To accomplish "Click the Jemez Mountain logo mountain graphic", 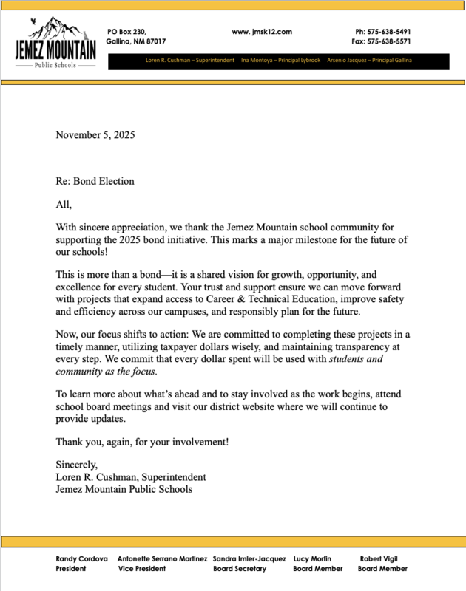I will tap(55, 30).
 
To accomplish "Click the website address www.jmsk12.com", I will tap(262, 32).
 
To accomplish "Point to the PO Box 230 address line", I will tap(126, 32).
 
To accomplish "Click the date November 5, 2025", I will tap(95, 134).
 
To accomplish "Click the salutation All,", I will tap(64, 205).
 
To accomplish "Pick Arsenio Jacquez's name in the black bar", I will tap(347, 60).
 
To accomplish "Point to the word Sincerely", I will tap(77, 465).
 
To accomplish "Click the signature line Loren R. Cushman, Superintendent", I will tap(131, 477).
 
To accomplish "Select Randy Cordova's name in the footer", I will tap(82, 559).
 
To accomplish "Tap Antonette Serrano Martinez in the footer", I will tap(162, 559).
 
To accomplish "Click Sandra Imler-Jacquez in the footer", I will tap(249, 559).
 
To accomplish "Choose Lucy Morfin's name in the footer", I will tap(312, 559).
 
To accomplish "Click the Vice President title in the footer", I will tap(142, 569).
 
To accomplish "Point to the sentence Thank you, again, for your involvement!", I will tap(143, 442).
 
